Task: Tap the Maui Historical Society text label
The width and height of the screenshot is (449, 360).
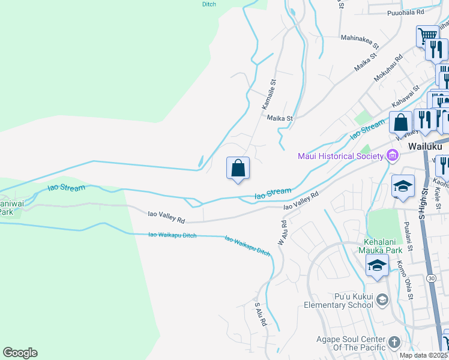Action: [340, 157]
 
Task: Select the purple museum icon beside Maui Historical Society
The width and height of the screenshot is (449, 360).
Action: [393, 156]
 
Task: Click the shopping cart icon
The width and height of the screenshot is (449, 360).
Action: [427, 35]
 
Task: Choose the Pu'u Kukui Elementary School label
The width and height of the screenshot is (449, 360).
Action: [354, 301]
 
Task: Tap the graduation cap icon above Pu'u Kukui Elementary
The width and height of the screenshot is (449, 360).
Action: [376, 266]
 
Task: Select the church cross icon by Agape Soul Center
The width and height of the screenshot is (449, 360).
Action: [394, 342]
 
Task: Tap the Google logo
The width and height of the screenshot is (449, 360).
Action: [20, 353]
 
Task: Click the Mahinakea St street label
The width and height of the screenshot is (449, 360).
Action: [360, 41]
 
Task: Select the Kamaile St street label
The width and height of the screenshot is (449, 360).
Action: [268, 95]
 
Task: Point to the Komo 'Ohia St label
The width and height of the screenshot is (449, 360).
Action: [405, 279]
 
